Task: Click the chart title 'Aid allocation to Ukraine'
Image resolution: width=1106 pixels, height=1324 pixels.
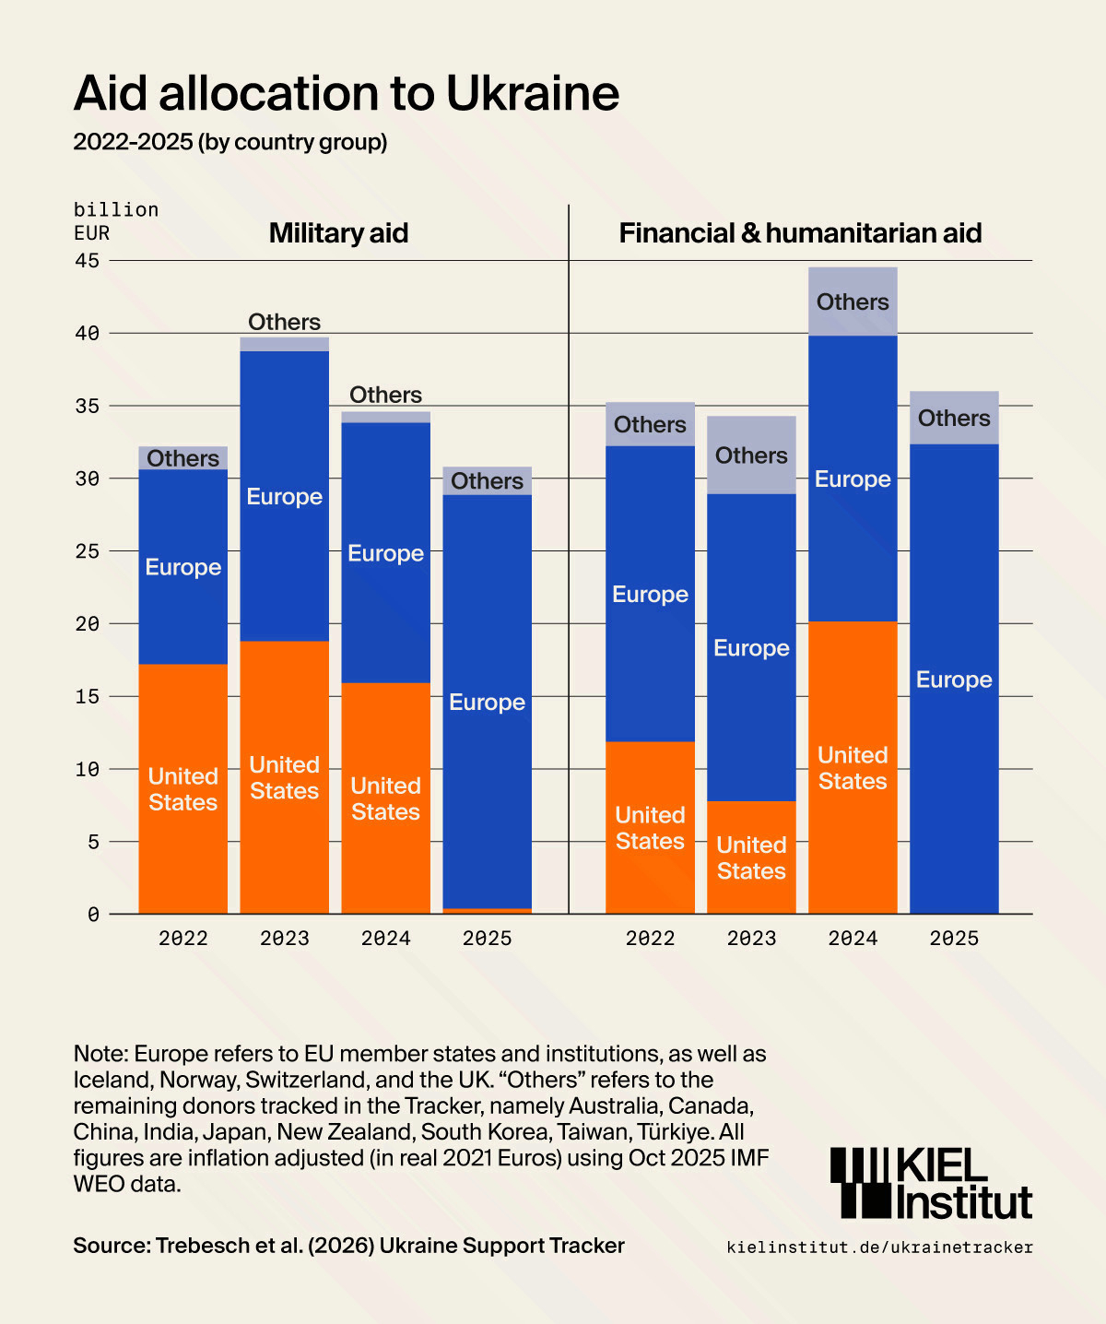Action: [346, 93]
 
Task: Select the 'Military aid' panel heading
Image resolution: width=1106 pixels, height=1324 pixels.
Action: [338, 233]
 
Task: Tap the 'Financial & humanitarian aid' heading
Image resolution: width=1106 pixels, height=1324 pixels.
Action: [800, 233]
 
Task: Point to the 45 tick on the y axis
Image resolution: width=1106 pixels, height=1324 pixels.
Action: [87, 261]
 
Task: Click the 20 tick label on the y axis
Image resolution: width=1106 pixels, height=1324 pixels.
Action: [87, 624]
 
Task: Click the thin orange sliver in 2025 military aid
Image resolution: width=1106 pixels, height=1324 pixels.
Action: [487, 911]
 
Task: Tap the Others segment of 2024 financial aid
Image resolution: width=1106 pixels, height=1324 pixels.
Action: [853, 301]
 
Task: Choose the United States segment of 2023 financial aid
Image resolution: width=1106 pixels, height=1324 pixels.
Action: [751, 857]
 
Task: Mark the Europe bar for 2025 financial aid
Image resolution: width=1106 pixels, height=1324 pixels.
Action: [954, 680]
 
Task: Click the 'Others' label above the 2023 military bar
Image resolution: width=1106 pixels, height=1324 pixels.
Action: [284, 322]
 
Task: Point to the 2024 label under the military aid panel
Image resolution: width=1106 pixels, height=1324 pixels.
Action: [385, 939]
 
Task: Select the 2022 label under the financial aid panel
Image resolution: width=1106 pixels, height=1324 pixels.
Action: [650, 939]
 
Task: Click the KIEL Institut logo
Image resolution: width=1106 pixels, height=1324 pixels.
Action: [931, 1184]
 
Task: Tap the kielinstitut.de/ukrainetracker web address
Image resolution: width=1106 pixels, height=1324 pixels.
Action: [879, 1247]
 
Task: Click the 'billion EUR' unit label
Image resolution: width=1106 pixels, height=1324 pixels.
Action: [116, 221]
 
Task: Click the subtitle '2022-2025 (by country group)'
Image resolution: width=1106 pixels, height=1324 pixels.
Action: [230, 142]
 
